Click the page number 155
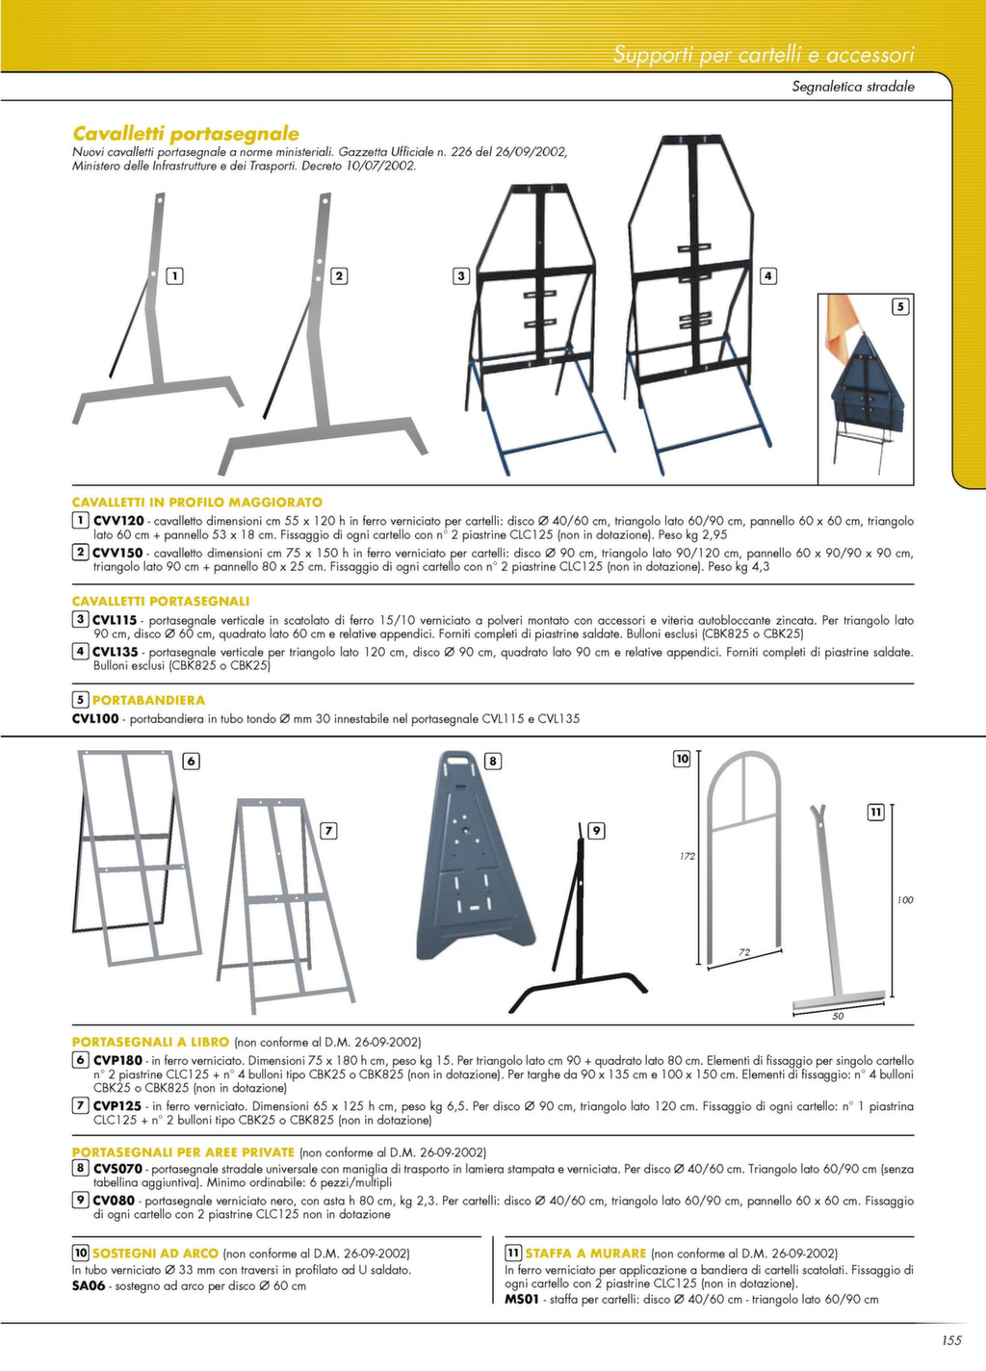coord(951,1341)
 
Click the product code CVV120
coord(118,521)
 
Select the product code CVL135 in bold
coord(115,652)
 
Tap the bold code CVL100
coord(95,718)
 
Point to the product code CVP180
coord(117,1060)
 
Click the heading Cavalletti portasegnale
coord(186,134)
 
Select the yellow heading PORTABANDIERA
coord(148,700)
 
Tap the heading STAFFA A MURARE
coord(585,1253)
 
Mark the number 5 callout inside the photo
coord(899,306)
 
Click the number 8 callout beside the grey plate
coord(493,762)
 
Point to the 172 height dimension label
coord(688,856)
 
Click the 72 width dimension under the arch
coord(744,952)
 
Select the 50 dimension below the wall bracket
coord(838,1016)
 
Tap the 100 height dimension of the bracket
coord(905,899)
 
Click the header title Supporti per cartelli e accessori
coord(764,55)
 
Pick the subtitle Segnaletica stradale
coord(853,87)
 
